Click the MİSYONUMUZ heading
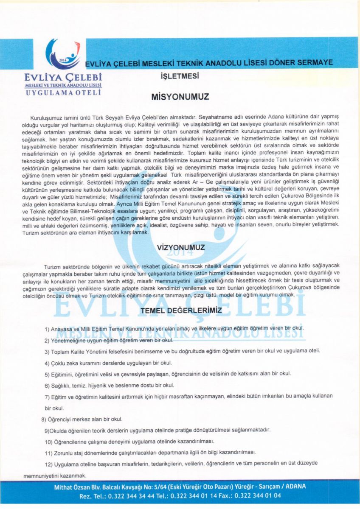point(180,97)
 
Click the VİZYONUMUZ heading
point(180,247)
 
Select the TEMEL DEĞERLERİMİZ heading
point(181,310)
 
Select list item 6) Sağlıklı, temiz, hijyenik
point(110,385)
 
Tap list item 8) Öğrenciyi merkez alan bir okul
point(82,419)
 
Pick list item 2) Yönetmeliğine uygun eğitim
point(110,340)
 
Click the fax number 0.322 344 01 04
point(257,495)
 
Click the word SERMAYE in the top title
point(315,63)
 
